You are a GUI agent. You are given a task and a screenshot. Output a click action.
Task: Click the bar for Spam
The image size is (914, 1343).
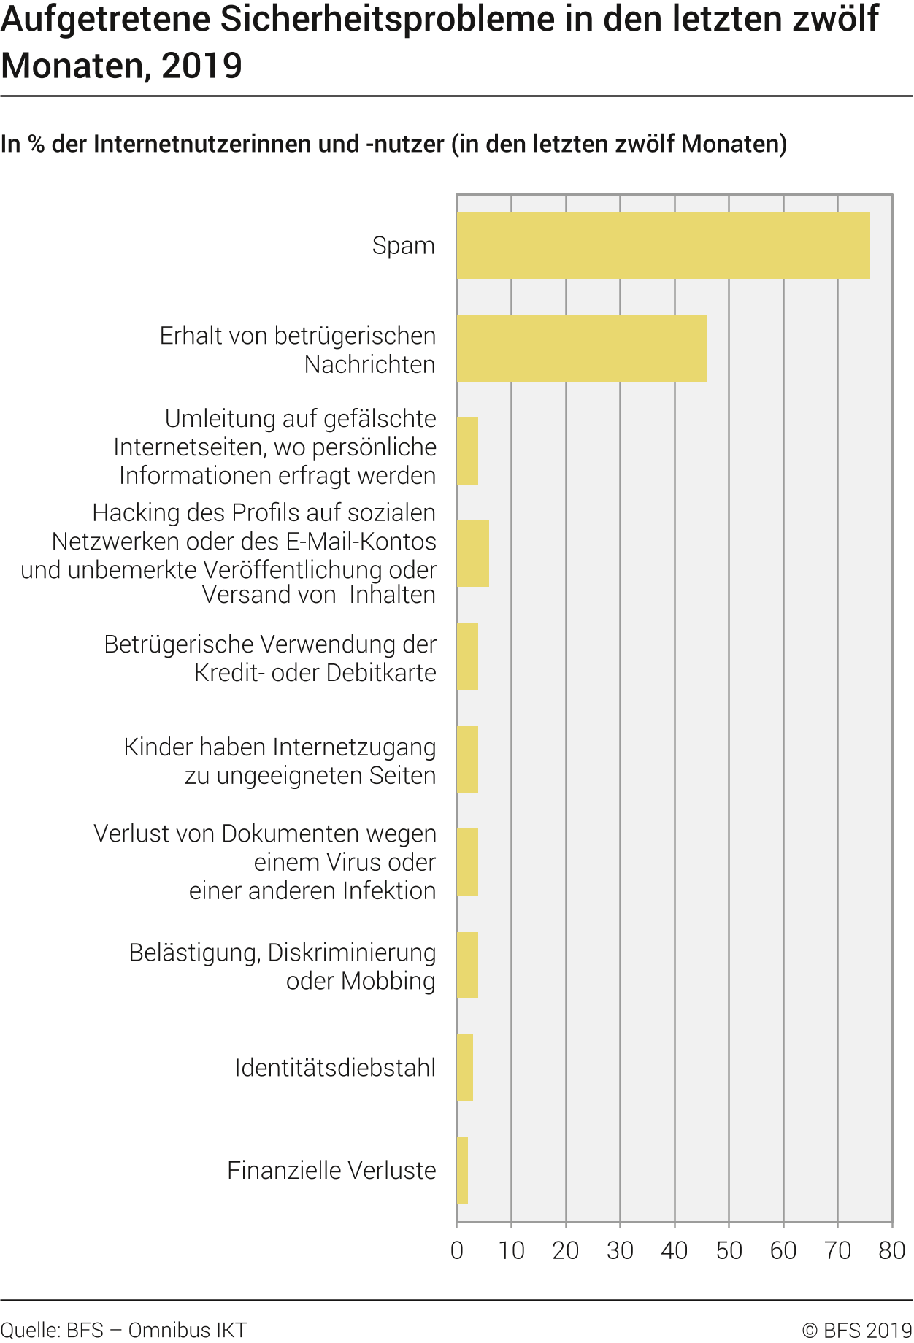pyautogui.click(x=663, y=245)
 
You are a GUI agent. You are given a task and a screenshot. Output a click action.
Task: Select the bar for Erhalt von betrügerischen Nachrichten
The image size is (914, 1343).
pyautogui.click(x=582, y=348)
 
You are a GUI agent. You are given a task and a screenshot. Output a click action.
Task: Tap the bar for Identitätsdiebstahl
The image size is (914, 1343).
pyautogui.click(x=465, y=1068)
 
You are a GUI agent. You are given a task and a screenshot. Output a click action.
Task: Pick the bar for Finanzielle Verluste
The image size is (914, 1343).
pyautogui.click(x=462, y=1171)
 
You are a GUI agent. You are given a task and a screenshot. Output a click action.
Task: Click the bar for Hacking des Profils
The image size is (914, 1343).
pyautogui.click(x=473, y=553)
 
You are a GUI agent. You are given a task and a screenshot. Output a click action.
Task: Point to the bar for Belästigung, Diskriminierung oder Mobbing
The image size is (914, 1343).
pyautogui.click(x=467, y=965)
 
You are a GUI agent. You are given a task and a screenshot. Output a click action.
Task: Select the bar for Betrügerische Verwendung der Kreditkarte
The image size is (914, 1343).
pyautogui.click(x=467, y=656)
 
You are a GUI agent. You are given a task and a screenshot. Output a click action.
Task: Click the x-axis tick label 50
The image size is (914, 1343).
pyautogui.click(x=729, y=1251)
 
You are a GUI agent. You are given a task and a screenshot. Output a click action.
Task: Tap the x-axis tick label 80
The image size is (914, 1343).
pyautogui.click(x=891, y=1251)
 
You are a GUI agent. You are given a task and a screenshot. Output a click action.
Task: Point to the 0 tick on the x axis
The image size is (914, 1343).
pyautogui.click(x=457, y=1251)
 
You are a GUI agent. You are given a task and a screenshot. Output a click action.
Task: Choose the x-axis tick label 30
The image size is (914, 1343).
pyautogui.click(x=620, y=1251)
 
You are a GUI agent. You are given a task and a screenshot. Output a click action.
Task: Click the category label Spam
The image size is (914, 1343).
pyautogui.click(x=403, y=245)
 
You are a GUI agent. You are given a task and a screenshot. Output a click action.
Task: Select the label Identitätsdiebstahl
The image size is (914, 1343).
pyautogui.click(x=335, y=1068)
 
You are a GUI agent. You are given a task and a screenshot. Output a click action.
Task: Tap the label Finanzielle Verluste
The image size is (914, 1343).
pyautogui.click(x=331, y=1171)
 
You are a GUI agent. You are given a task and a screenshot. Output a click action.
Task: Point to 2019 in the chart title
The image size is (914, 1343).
pyautogui.click(x=201, y=66)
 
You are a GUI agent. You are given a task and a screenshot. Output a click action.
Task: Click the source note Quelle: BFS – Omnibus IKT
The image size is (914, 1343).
pyautogui.click(x=123, y=1330)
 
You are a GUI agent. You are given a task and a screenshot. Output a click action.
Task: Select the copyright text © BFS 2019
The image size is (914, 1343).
pyautogui.click(x=856, y=1330)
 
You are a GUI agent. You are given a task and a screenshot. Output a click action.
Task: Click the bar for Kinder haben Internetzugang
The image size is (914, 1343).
pyautogui.click(x=467, y=759)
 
